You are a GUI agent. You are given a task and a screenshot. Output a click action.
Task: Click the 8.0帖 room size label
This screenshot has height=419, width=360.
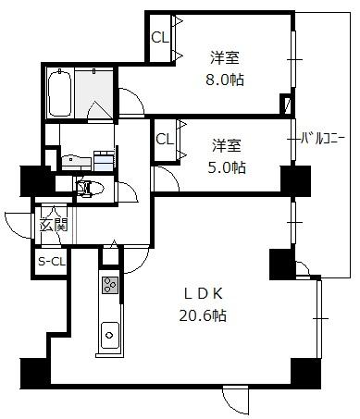(225, 80)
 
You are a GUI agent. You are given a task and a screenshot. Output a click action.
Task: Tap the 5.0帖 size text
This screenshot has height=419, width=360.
(226, 167)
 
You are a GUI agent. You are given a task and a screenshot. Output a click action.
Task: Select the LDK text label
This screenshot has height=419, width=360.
(204, 294)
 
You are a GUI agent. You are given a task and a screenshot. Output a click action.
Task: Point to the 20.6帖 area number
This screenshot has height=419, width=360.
(203, 315)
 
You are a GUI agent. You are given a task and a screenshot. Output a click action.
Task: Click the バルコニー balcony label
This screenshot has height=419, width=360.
(322, 139)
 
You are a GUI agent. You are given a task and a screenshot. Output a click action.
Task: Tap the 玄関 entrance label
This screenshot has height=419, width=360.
(54, 226)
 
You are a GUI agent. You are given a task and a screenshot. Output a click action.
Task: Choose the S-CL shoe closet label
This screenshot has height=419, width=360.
(52, 262)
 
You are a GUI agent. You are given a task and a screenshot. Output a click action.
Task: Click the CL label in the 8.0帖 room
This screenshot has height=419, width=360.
(160, 38)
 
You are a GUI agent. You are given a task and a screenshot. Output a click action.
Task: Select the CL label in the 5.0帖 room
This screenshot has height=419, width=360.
(165, 140)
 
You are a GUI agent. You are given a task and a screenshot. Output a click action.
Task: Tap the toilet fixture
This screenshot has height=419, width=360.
(90, 188)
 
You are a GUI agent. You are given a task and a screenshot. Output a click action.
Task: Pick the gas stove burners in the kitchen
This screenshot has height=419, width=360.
(110, 285)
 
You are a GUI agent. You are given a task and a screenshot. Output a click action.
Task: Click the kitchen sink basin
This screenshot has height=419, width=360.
(110, 335)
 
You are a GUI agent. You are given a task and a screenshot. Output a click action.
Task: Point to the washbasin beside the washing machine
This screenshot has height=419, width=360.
(76, 161)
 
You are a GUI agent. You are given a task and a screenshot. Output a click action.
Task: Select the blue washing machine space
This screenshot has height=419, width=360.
(104, 161)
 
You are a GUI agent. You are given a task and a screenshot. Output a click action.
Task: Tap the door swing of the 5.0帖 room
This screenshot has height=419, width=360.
(169, 175)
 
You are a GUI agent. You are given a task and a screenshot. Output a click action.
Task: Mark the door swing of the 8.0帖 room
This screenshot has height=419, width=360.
(135, 95)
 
